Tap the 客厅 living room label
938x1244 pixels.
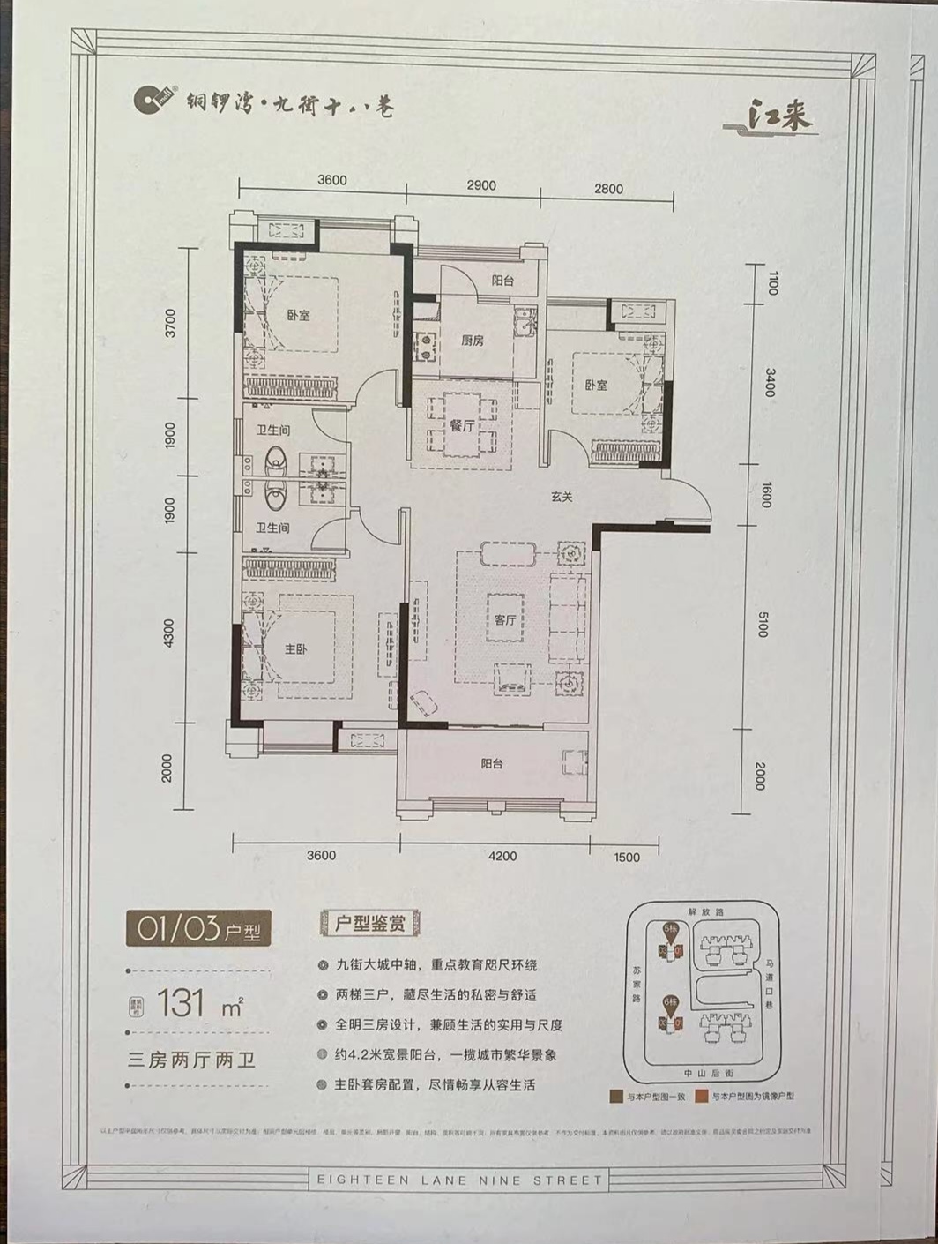click(x=504, y=619)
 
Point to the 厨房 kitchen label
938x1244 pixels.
click(x=472, y=341)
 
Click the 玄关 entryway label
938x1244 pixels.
click(x=562, y=497)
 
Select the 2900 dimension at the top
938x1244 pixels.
click(x=480, y=186)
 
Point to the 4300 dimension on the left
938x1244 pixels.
click(x=169, y=632)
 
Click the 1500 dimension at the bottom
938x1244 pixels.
click(x=626, y=857)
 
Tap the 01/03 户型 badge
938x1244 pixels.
click(x=197, y=929)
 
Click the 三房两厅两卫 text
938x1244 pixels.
click(x=191, y=1060)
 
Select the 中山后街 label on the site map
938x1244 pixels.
click(x=703, y=1073)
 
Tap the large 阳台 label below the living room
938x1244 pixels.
click(x=492, y=764)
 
